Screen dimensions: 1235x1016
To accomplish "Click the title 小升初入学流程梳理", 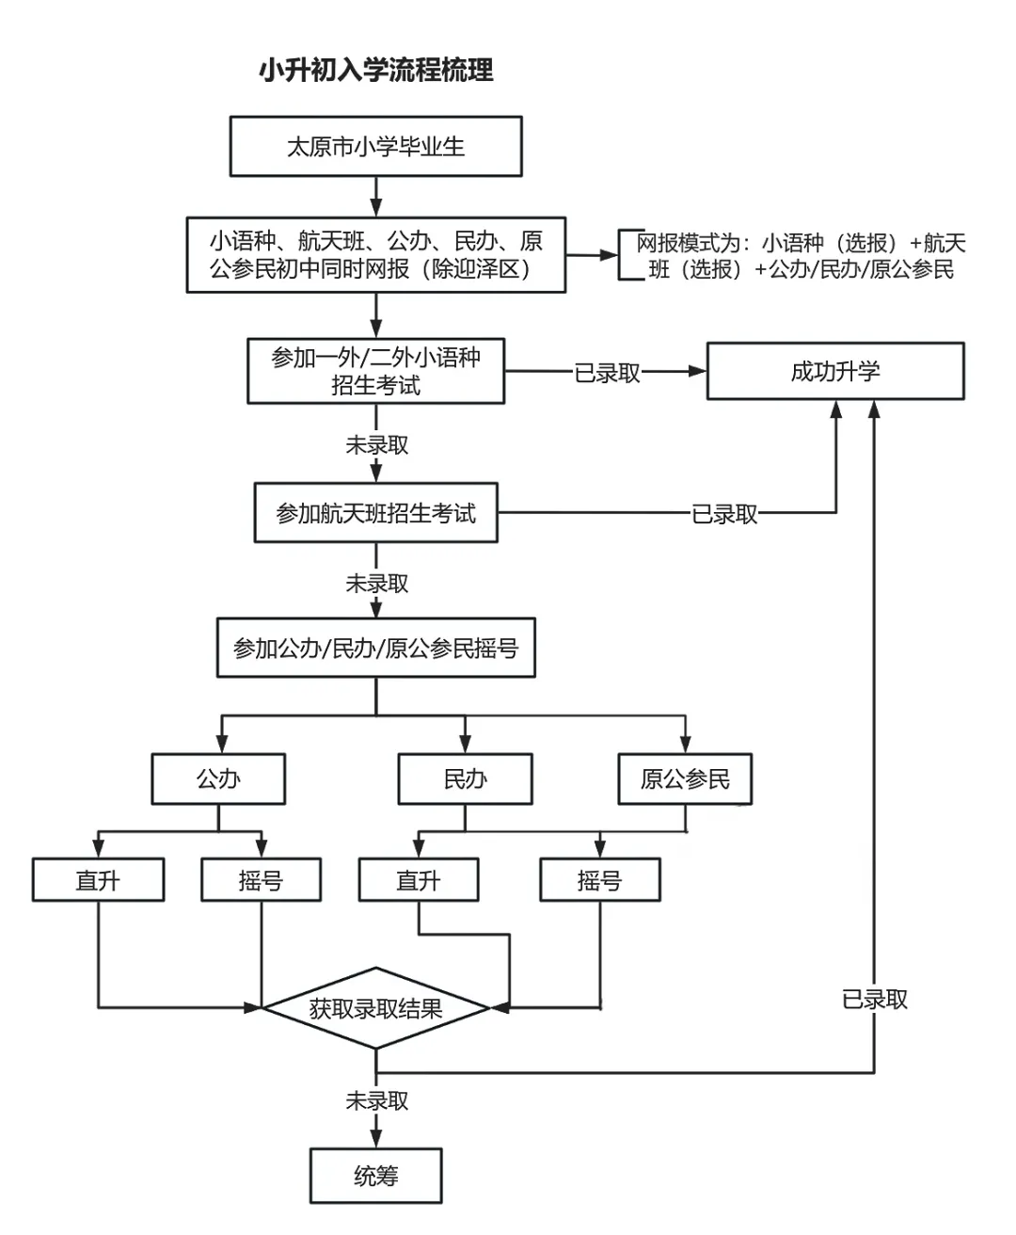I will click(x=376, y=71).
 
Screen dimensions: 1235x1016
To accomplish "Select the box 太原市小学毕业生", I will click(x=376, y=147).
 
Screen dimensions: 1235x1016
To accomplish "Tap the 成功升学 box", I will click(x=835, y=371).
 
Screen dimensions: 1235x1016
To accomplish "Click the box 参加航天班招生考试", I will click(x=376, y=513).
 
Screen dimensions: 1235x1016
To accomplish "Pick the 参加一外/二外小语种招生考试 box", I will click(x=376, y=371).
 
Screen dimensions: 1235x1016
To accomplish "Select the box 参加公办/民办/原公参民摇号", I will click(x=376, y=648).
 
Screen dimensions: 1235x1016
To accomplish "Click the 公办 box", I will click(x=218, y=778).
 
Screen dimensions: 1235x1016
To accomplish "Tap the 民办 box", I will click(x=465, y=778).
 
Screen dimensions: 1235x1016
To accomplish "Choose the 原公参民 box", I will click(x=685, y=778).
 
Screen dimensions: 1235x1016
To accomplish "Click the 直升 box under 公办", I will click(x=98, y=880).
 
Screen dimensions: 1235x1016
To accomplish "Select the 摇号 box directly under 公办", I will click(x=261, y=880).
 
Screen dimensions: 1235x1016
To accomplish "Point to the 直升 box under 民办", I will click(x=419, y=880).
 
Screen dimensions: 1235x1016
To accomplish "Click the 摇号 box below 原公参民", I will click(x=600, y=880).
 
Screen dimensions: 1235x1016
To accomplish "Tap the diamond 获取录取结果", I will click(x=376, y=1008).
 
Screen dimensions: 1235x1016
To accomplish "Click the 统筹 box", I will click(x=376, y=1176).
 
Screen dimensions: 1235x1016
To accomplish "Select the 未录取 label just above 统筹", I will click(x=376, y=1100).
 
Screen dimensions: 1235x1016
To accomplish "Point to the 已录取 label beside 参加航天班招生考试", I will click(x=724, y=514).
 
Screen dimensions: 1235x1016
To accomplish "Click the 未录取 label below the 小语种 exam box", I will click(x=376, y=444).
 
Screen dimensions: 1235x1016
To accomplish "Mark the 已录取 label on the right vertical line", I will click(x=875, y=999).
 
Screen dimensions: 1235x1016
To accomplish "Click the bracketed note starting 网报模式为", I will click(x=801, y=256).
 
